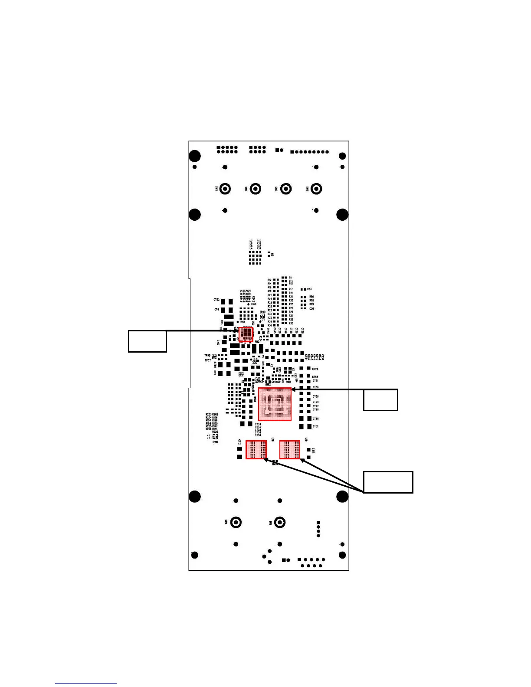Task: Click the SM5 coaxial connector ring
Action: click(225, 189)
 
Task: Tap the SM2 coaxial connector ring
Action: click(316, 189)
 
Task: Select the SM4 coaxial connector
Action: click(255, 189)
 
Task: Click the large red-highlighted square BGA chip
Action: click(275, 404)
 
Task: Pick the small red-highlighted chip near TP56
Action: click(246, 334)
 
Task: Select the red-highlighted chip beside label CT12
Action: click(256, 449)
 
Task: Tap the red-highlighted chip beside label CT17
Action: click(290, 449)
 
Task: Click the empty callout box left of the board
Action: click(147, 341)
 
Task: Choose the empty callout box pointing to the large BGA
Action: click(380, 400)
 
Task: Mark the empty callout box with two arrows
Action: click(388, 482)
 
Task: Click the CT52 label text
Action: click(216, 300)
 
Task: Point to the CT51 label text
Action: click(315, 426)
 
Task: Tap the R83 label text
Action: click(309, 289)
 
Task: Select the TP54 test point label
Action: click(253, 304)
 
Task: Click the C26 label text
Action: click(311, 309)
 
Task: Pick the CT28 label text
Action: click(315, 369)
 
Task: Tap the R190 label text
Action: click(215, 442)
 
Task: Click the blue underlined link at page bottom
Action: click(86, 683)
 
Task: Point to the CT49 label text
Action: click(315, 419)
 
